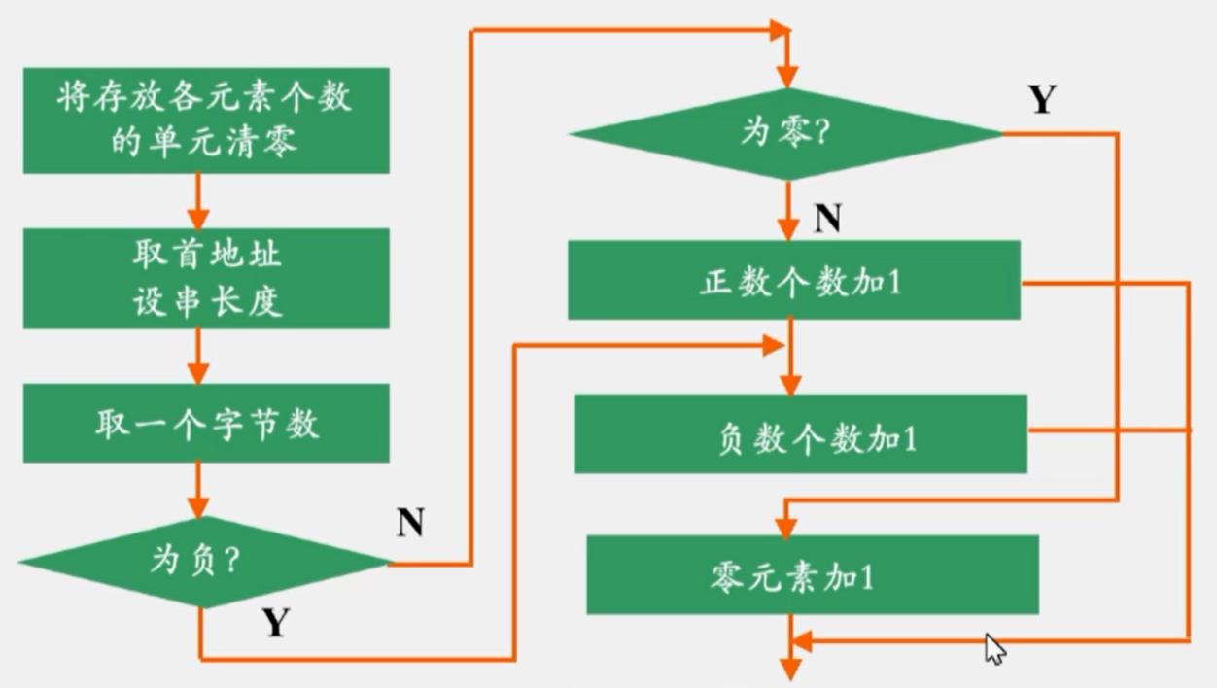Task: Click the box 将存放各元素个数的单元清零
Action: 205,120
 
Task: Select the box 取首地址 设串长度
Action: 205,278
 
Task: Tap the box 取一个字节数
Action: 205,424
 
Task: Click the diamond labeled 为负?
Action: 205,562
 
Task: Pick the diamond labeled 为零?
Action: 785,134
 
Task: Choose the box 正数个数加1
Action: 793,281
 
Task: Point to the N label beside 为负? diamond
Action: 410,524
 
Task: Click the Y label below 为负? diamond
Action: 275,623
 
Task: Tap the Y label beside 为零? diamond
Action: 1042,100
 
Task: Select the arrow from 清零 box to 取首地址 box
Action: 198,201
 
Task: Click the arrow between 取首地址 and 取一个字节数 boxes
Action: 198,355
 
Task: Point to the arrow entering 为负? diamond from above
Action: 198,491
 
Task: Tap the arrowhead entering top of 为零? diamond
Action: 787,77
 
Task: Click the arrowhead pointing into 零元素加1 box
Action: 785,526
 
